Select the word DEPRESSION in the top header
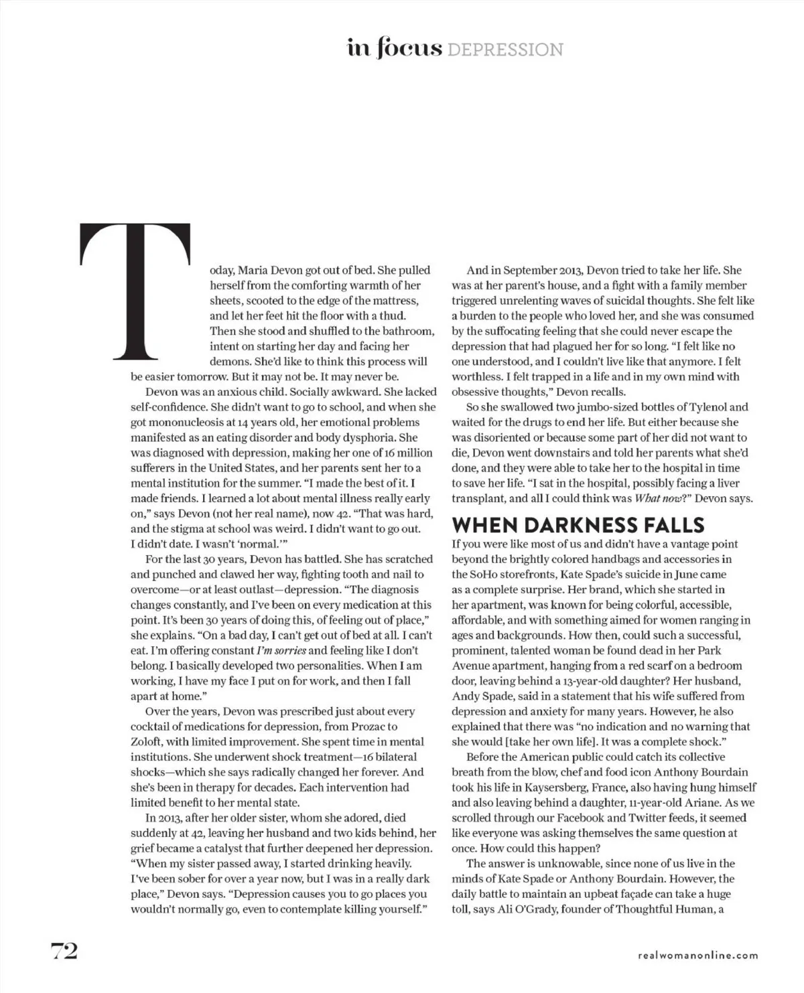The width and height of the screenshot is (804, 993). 505,50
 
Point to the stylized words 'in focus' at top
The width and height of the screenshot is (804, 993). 394,48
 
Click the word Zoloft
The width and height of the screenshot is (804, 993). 147,742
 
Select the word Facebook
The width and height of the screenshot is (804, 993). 594,818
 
